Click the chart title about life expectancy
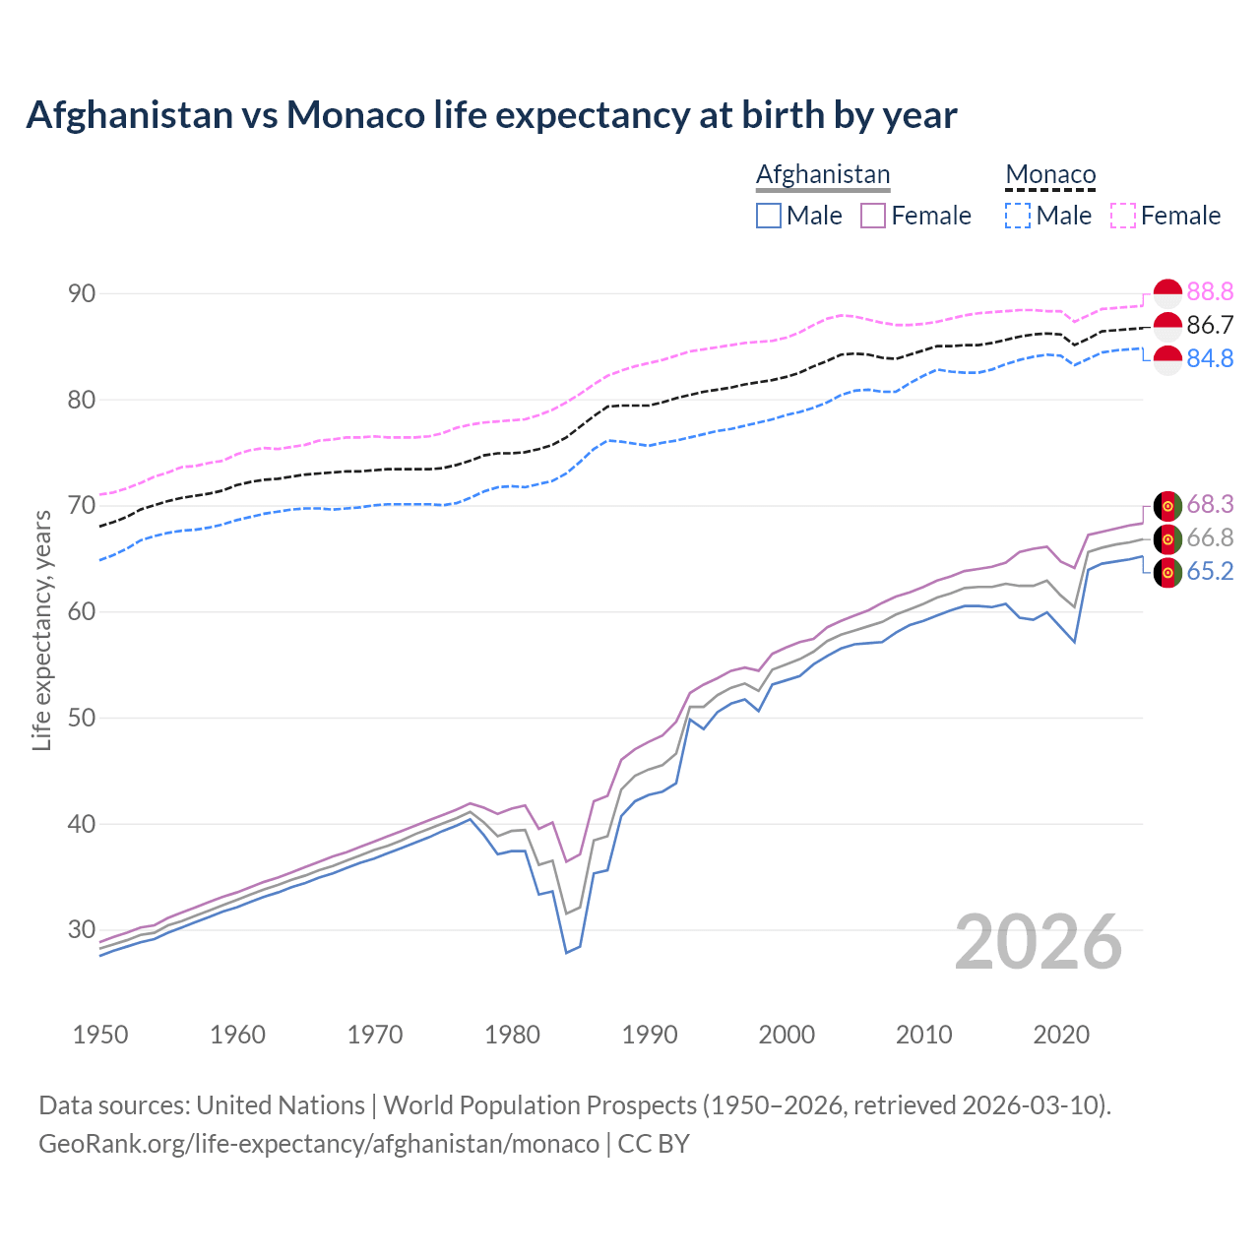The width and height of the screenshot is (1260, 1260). [x=491, y=115]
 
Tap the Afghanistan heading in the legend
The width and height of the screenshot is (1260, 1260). [x=823, y=174]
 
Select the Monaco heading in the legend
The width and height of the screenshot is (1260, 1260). [x=1050, y=174]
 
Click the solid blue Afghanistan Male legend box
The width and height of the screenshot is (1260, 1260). [x=769, y=216]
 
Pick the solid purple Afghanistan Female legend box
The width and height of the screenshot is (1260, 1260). [x=874, y=216]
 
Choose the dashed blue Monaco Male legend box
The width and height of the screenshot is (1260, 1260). [x=1018, y=216]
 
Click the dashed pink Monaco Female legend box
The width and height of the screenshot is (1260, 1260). [x=1123, y=216]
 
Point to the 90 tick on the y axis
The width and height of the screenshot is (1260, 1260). [x=82, y=293]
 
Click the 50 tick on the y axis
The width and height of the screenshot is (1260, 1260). [x=82, y=718]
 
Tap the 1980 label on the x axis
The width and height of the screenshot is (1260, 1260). [x=513, y=1035]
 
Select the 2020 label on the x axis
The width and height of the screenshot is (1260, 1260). [x=1061, y=1035]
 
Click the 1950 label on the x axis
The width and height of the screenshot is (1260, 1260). [x=100, y=1035]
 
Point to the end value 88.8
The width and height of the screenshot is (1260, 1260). [x=1210, y=291]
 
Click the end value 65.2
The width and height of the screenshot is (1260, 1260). [x=1210, y=572]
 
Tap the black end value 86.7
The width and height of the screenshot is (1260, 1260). [x=1210, y=325]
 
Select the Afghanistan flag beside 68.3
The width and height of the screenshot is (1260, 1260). [x=1167, y=505]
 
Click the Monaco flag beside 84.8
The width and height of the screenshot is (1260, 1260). [x=1167, y=359]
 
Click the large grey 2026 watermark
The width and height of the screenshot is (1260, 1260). [x=1039, y=942]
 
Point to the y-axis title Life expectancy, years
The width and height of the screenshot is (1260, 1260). [x=41, y=630]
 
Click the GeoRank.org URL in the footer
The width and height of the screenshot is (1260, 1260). [x=319, y=1144]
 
